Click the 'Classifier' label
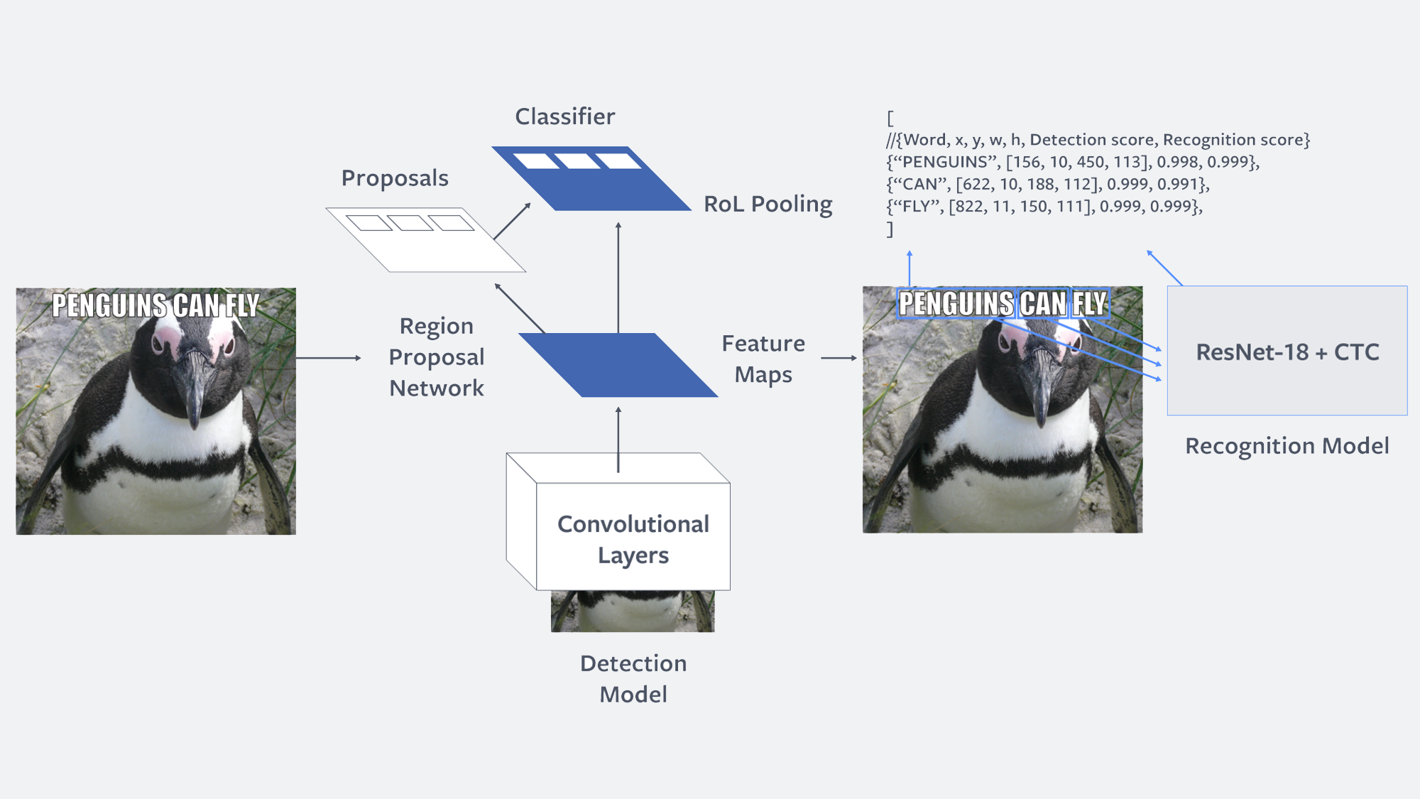click(x=565, y=116)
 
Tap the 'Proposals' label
click(x=395, y=178)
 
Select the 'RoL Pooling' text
click(x=768, y=205)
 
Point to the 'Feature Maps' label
click(x=763, y=359)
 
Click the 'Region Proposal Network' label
click(x=437, y=357)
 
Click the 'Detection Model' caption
click(x=633, y=678)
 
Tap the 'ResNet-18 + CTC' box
click(x=1287, y=351)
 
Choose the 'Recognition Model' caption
click(x=1287, y=446)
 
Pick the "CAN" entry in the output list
click(x=921, y=185)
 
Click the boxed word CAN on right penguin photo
click(x=1043, y=304)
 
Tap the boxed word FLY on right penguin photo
click(x=1089, y=304)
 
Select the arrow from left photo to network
click(x=329, y=358)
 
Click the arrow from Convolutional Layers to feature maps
click(x=618, y=440)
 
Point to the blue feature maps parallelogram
click(x=618, y=365)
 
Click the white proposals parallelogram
click(x=426, y=240)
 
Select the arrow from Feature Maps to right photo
click(x=839, y=358)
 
